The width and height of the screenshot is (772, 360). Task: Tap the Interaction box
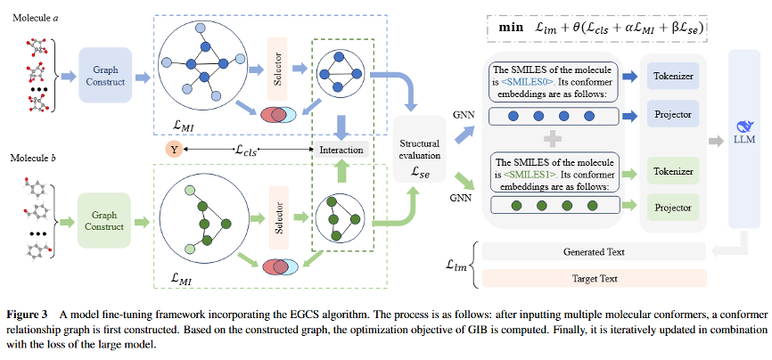pyautogui.click(x=341, y=150)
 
